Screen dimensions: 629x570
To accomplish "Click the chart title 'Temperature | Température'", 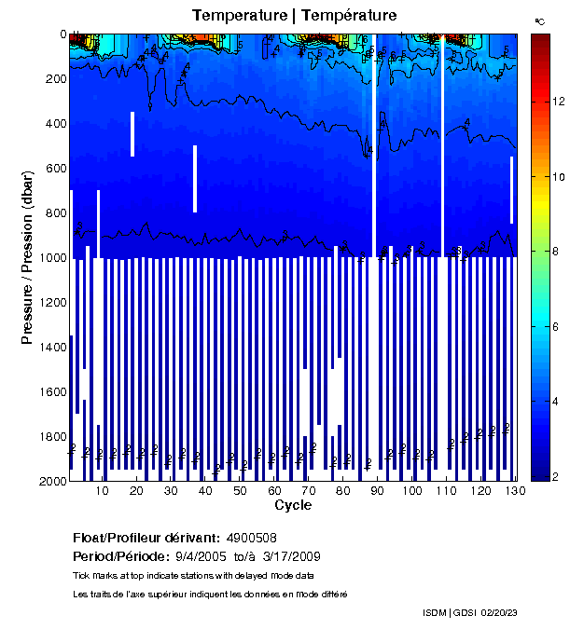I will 295,16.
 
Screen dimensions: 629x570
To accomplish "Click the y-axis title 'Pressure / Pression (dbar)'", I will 27,257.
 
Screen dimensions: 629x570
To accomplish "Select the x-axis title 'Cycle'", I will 293,505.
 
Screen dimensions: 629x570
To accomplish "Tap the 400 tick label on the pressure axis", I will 53,124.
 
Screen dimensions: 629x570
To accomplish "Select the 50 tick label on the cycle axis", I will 240,491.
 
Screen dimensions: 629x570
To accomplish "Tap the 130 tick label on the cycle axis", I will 511,491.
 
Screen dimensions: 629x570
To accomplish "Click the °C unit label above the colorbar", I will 539,21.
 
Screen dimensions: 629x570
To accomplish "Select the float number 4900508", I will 251,538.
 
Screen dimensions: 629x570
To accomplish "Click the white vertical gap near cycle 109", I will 443,140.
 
